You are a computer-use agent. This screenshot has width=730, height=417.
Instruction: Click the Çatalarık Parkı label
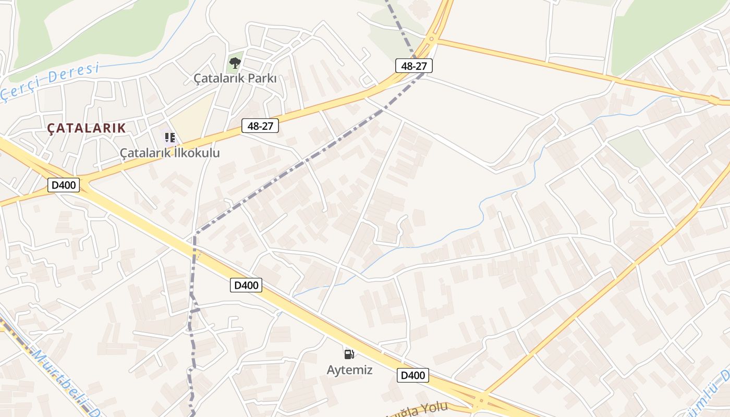[x=235, y=78]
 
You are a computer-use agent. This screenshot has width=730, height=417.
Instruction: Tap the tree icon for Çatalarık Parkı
[x=235, y=63]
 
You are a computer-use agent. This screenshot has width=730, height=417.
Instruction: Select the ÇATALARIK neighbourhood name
[x=87, y=128]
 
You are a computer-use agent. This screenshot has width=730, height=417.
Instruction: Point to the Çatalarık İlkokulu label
[x=170, y=153]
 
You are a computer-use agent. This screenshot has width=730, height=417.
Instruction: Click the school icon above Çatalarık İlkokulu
[x=169, y=138]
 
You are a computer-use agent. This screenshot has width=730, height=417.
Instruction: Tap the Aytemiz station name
[x=349, y=370]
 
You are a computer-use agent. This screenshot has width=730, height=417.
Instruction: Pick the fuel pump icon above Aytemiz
[x=349, y=354]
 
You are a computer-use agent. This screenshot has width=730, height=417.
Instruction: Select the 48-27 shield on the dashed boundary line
[x=414, y=66]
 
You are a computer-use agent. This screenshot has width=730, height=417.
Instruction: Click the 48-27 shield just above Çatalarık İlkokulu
[x=260, y=126]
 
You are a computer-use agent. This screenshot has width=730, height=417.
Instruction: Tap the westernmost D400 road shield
[x=64, y=185]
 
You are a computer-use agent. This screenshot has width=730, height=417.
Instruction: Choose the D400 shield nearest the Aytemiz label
[x=413, y=375]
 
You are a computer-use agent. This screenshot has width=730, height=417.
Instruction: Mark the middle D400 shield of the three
[x=246, y=285]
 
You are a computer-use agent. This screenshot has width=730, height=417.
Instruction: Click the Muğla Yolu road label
[x=417, y=411]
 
